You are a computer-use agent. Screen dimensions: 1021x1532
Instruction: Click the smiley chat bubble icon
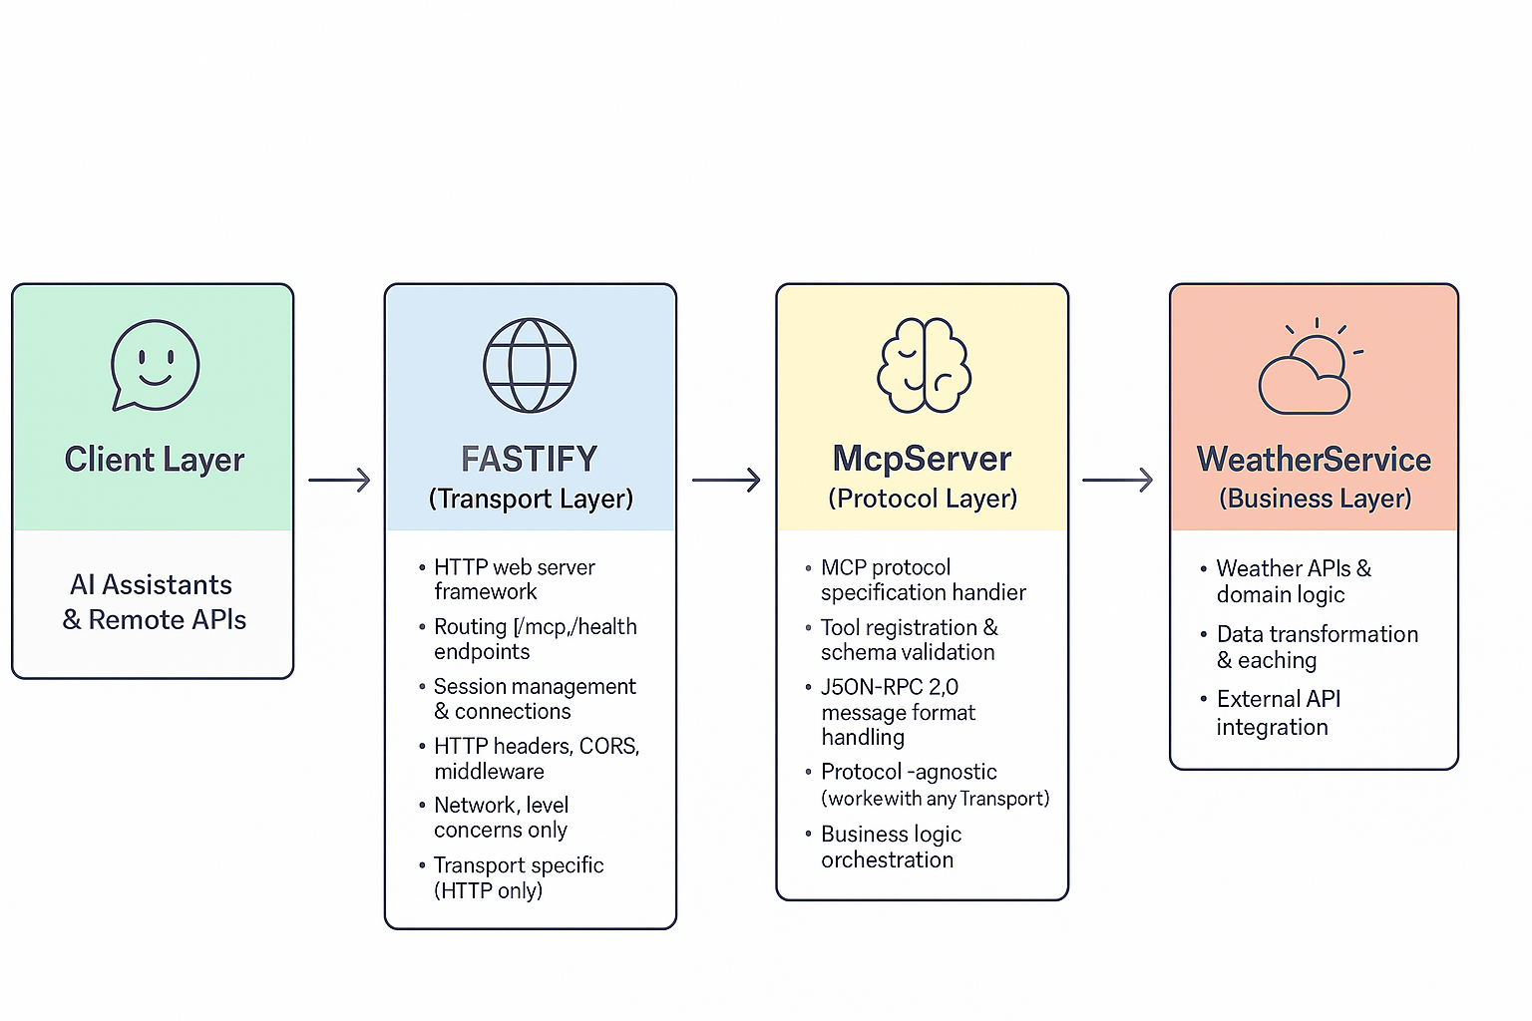coord(155,365)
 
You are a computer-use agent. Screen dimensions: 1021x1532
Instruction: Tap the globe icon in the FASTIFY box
coord(530,365)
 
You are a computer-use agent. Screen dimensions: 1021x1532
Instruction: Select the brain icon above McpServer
coord(924,365)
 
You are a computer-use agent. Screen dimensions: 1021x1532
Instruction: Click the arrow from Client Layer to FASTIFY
coord(339,480)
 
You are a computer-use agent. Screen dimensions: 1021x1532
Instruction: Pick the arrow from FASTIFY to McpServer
coord(726,480)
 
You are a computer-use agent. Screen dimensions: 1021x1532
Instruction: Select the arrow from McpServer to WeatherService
coord(1117,480)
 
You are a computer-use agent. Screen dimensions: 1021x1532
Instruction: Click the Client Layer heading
coord(155,460)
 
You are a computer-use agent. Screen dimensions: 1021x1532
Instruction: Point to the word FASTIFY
coord(530,460)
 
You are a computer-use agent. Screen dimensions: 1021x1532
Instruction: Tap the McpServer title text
coord(922,459)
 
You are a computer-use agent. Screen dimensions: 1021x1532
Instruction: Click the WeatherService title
coord(1314,460)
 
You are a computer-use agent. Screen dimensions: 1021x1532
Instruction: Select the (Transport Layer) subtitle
coord(531,499)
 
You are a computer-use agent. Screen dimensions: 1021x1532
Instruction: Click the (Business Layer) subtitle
coord(1315,499)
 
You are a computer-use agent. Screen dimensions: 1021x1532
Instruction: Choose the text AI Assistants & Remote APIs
coord(154,602)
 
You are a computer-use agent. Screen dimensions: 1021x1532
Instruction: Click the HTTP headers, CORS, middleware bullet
coord(536,759)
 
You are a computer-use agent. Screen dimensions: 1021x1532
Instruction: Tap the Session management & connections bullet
coord(534,699)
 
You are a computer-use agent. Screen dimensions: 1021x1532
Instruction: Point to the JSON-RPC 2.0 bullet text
coord(897,712)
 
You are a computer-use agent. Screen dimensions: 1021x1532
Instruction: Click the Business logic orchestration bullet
coord(890,847)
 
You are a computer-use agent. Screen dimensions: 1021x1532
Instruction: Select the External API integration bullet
coord(1277,713)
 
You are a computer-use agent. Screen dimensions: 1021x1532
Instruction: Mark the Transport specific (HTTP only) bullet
coord(518,877)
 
